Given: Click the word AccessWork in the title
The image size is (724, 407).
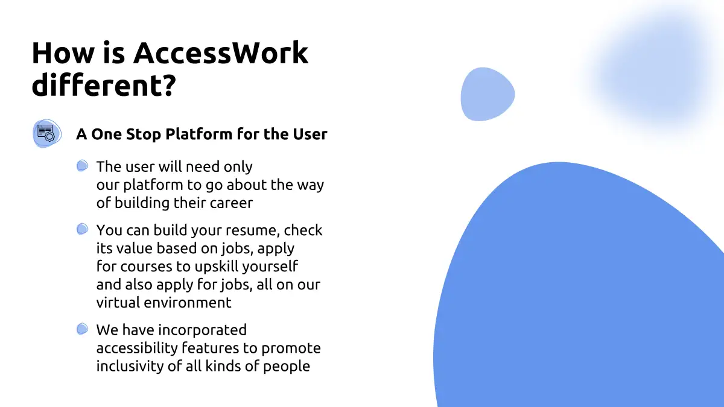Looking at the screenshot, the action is pos(221,52).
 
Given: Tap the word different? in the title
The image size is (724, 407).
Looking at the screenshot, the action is pos(104,84).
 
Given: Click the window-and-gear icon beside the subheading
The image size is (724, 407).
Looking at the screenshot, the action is pos(47,133).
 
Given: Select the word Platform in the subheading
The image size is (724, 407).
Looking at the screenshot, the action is pos(198,134).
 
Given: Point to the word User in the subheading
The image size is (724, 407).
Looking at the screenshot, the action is pos(310,134).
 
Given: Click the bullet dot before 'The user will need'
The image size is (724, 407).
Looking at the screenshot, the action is pos(83,166).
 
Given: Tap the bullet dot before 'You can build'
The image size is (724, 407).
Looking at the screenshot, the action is pos(83,229).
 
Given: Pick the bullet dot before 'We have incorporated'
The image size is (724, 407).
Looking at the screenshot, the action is pos(83,329).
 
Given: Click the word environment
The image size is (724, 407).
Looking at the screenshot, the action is pos(188,303).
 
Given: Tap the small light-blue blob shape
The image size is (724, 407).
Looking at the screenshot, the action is pos(487,94).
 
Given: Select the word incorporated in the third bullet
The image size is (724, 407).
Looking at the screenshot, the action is pos(202,330).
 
